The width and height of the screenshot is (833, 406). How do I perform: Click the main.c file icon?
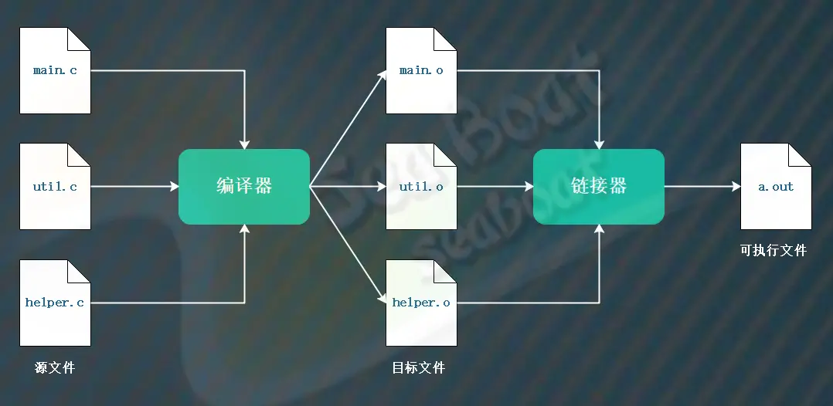tap(55, 71)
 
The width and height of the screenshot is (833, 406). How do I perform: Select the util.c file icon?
tap(55, 187)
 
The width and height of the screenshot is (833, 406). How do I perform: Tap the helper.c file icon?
tap(55, 303)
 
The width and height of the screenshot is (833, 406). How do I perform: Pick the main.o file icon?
tap(421, 71)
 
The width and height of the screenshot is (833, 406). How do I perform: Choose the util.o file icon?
tap(421, 187)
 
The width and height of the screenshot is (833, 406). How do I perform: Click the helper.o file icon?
tap(421, 303)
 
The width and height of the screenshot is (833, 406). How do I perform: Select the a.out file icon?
tap(776, 187)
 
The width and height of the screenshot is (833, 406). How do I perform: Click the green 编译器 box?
tap(244, 187)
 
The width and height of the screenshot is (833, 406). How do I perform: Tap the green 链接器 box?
tap(599, 187)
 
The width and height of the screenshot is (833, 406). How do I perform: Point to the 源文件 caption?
tap(55, 368)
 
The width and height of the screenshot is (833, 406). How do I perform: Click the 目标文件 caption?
tap(419, 368)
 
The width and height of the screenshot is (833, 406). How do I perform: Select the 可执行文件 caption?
tap(773, 251)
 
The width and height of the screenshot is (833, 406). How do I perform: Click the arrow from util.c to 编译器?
tap(134, 187)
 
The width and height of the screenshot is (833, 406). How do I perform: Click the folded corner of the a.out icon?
tap(800, 155)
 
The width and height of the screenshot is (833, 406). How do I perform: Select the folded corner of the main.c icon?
tap(79, 39)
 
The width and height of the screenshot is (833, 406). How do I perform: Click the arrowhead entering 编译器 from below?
tap(244, 228)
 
